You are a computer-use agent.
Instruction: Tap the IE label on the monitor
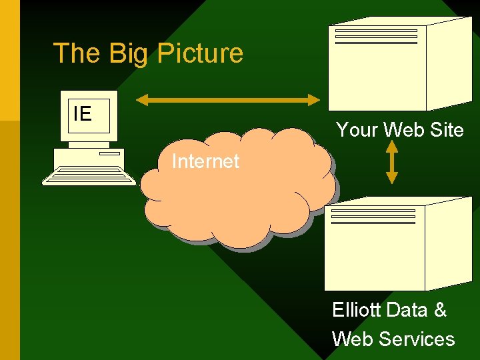click(82, 114)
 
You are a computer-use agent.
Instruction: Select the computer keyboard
click(89, 176)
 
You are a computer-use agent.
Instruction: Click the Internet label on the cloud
click(205, 161)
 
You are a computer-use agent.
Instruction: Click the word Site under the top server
click(447, 130)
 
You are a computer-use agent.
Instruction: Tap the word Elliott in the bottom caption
click(356, 310)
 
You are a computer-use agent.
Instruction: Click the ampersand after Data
click(440, 310)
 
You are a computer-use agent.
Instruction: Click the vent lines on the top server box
click(376, 36)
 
